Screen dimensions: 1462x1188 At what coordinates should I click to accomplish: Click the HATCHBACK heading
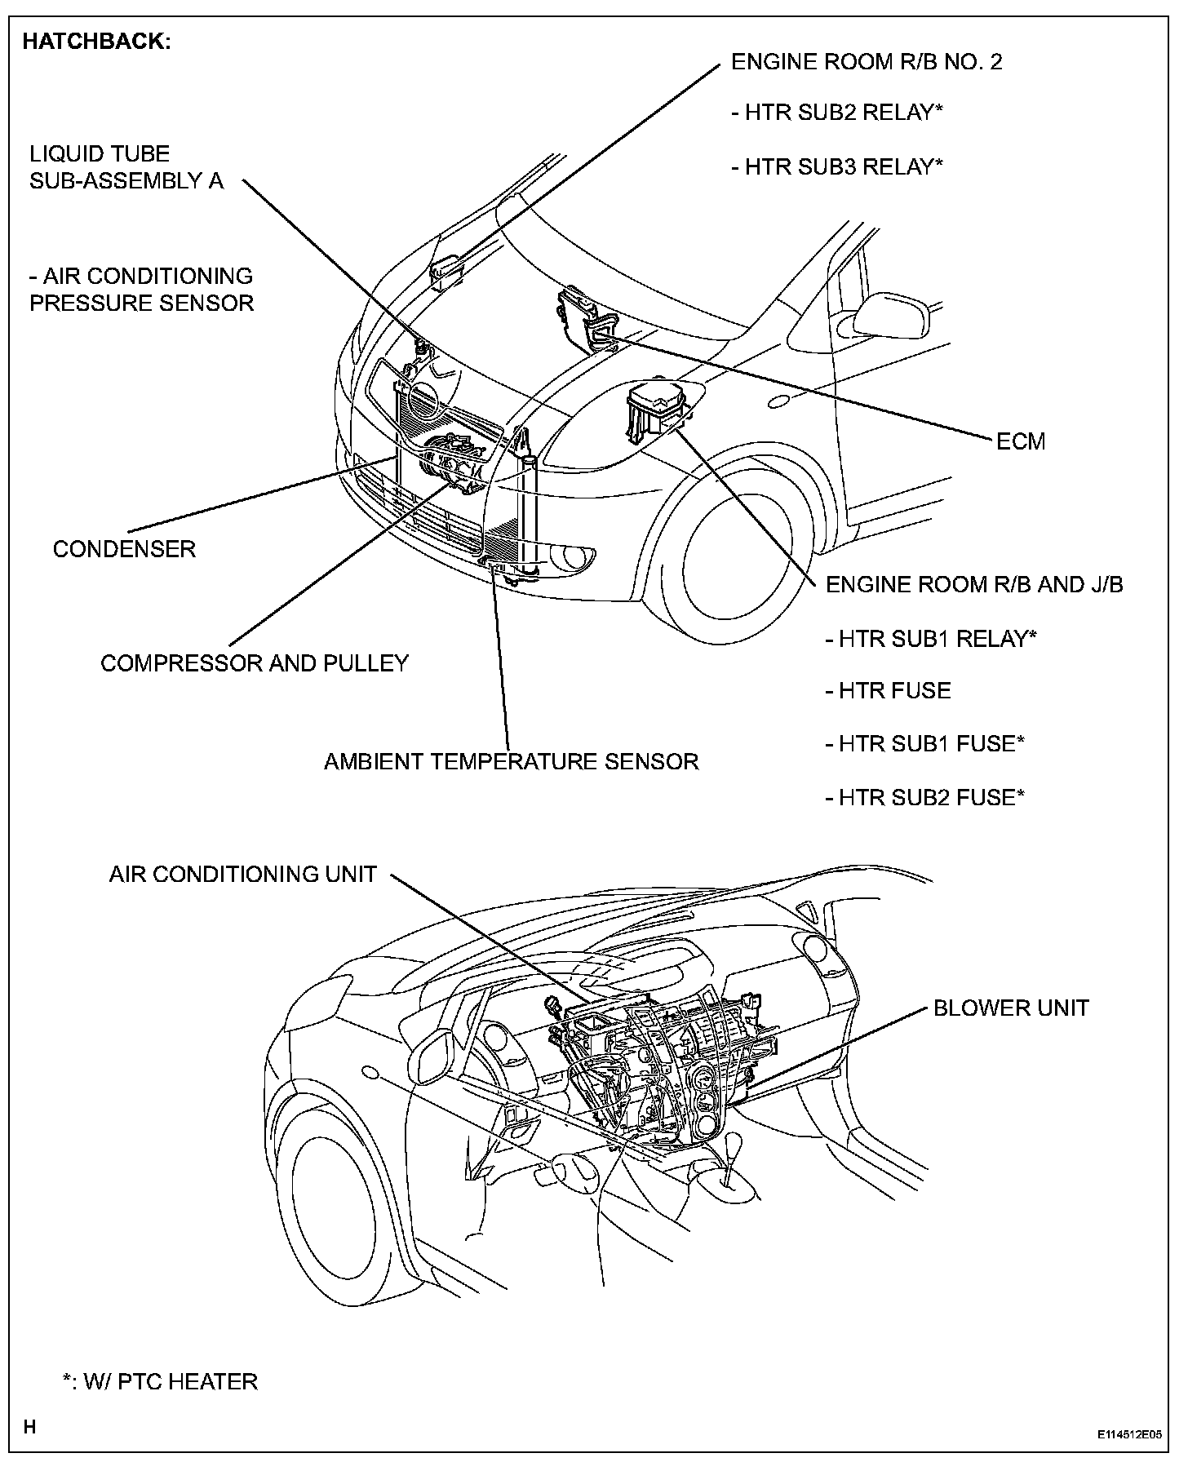tap(96, 42)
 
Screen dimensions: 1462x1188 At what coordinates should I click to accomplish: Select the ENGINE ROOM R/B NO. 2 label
tap(866, 62)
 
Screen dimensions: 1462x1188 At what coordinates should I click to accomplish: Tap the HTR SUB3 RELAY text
tap(838, 166)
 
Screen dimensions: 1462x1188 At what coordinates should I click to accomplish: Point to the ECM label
tap(1020, 441)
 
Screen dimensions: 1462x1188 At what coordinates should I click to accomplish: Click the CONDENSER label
tap(124, 548)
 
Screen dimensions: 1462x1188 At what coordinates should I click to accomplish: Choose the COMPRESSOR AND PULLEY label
tap(254, 662)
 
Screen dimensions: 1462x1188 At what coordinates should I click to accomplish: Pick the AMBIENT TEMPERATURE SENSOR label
tap(511, 761)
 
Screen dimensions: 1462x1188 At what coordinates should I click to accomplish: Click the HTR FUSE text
tap(888, 690)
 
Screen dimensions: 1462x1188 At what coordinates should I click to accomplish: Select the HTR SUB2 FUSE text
tap(924, 796)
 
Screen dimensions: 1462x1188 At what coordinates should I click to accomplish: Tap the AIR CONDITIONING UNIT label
tap(242, 874)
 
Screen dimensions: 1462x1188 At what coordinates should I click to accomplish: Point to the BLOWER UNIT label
tap(1010, 1008)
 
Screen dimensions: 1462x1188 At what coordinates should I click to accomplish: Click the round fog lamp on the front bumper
tap(572, 556)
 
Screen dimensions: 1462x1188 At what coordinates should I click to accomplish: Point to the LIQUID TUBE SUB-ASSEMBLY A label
tap(126, 167)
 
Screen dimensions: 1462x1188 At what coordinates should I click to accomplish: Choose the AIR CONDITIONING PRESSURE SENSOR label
tap(141, 290)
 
